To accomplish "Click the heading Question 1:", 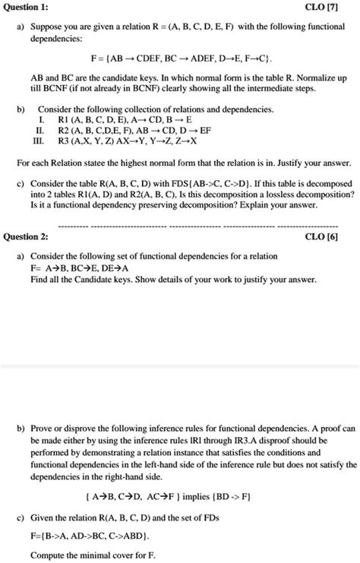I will (27, 7).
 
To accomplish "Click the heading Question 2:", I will (27, 236).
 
